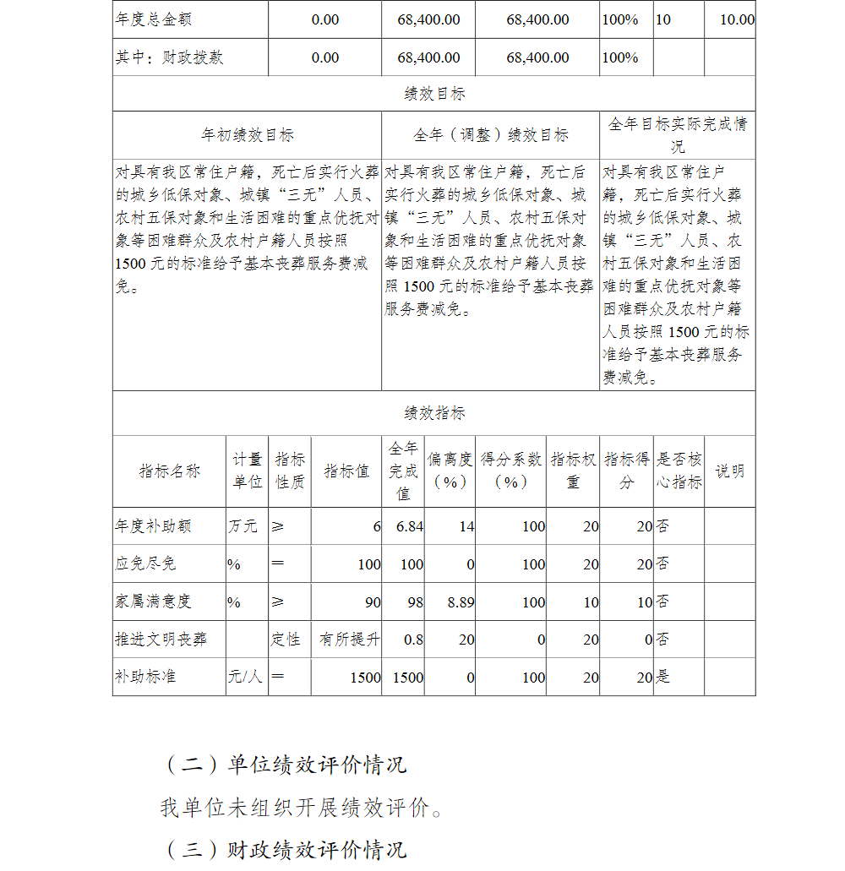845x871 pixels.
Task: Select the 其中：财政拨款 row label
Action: pos(169,57)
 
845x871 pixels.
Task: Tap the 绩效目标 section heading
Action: pos(433,94)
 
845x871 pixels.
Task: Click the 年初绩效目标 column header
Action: pos(247,135)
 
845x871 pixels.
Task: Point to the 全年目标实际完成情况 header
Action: pos(678,135)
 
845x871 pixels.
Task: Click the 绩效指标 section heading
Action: pos(433,413)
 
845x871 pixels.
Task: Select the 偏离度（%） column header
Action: pos(450,471)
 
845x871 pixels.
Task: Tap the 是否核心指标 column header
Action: pos(679,471)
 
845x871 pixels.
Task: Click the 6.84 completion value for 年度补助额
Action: pos(410,526)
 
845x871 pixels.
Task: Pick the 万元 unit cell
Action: pos(243,526)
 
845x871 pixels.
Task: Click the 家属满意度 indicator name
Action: pos(153,602)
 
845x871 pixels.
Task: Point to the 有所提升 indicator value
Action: pos(349,640)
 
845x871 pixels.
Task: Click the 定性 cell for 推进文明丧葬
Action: pos(286,640)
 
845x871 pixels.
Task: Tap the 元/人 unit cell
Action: pos(244,677)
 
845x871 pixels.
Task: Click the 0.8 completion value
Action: pos(413,640)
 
